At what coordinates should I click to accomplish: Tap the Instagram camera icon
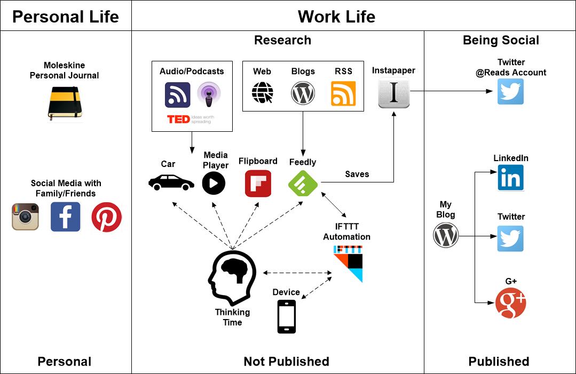click(26, 217)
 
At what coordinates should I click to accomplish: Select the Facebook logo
click(65, 217)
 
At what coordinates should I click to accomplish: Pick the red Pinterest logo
click(106, 217)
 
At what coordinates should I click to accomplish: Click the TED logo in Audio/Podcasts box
click(179, 119)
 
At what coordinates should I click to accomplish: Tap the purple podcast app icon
click(208, 95)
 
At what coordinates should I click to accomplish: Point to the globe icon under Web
click(262, 93)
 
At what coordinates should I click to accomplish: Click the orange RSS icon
click(343, 93)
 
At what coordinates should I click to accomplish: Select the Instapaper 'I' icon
click(393, 93)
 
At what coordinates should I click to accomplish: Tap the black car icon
click(171, 182)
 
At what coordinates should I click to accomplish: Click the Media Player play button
click(214, 184)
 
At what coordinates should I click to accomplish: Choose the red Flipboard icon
click(258, 184)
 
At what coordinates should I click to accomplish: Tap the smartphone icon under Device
click(287, 316)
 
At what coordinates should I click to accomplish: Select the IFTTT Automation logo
click(348, 262)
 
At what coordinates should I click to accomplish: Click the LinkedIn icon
click(510, 178)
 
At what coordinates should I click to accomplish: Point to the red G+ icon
click(510, 303)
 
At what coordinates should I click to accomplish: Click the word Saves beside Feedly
click(357, 174)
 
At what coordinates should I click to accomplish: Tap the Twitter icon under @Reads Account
click(510, 91)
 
